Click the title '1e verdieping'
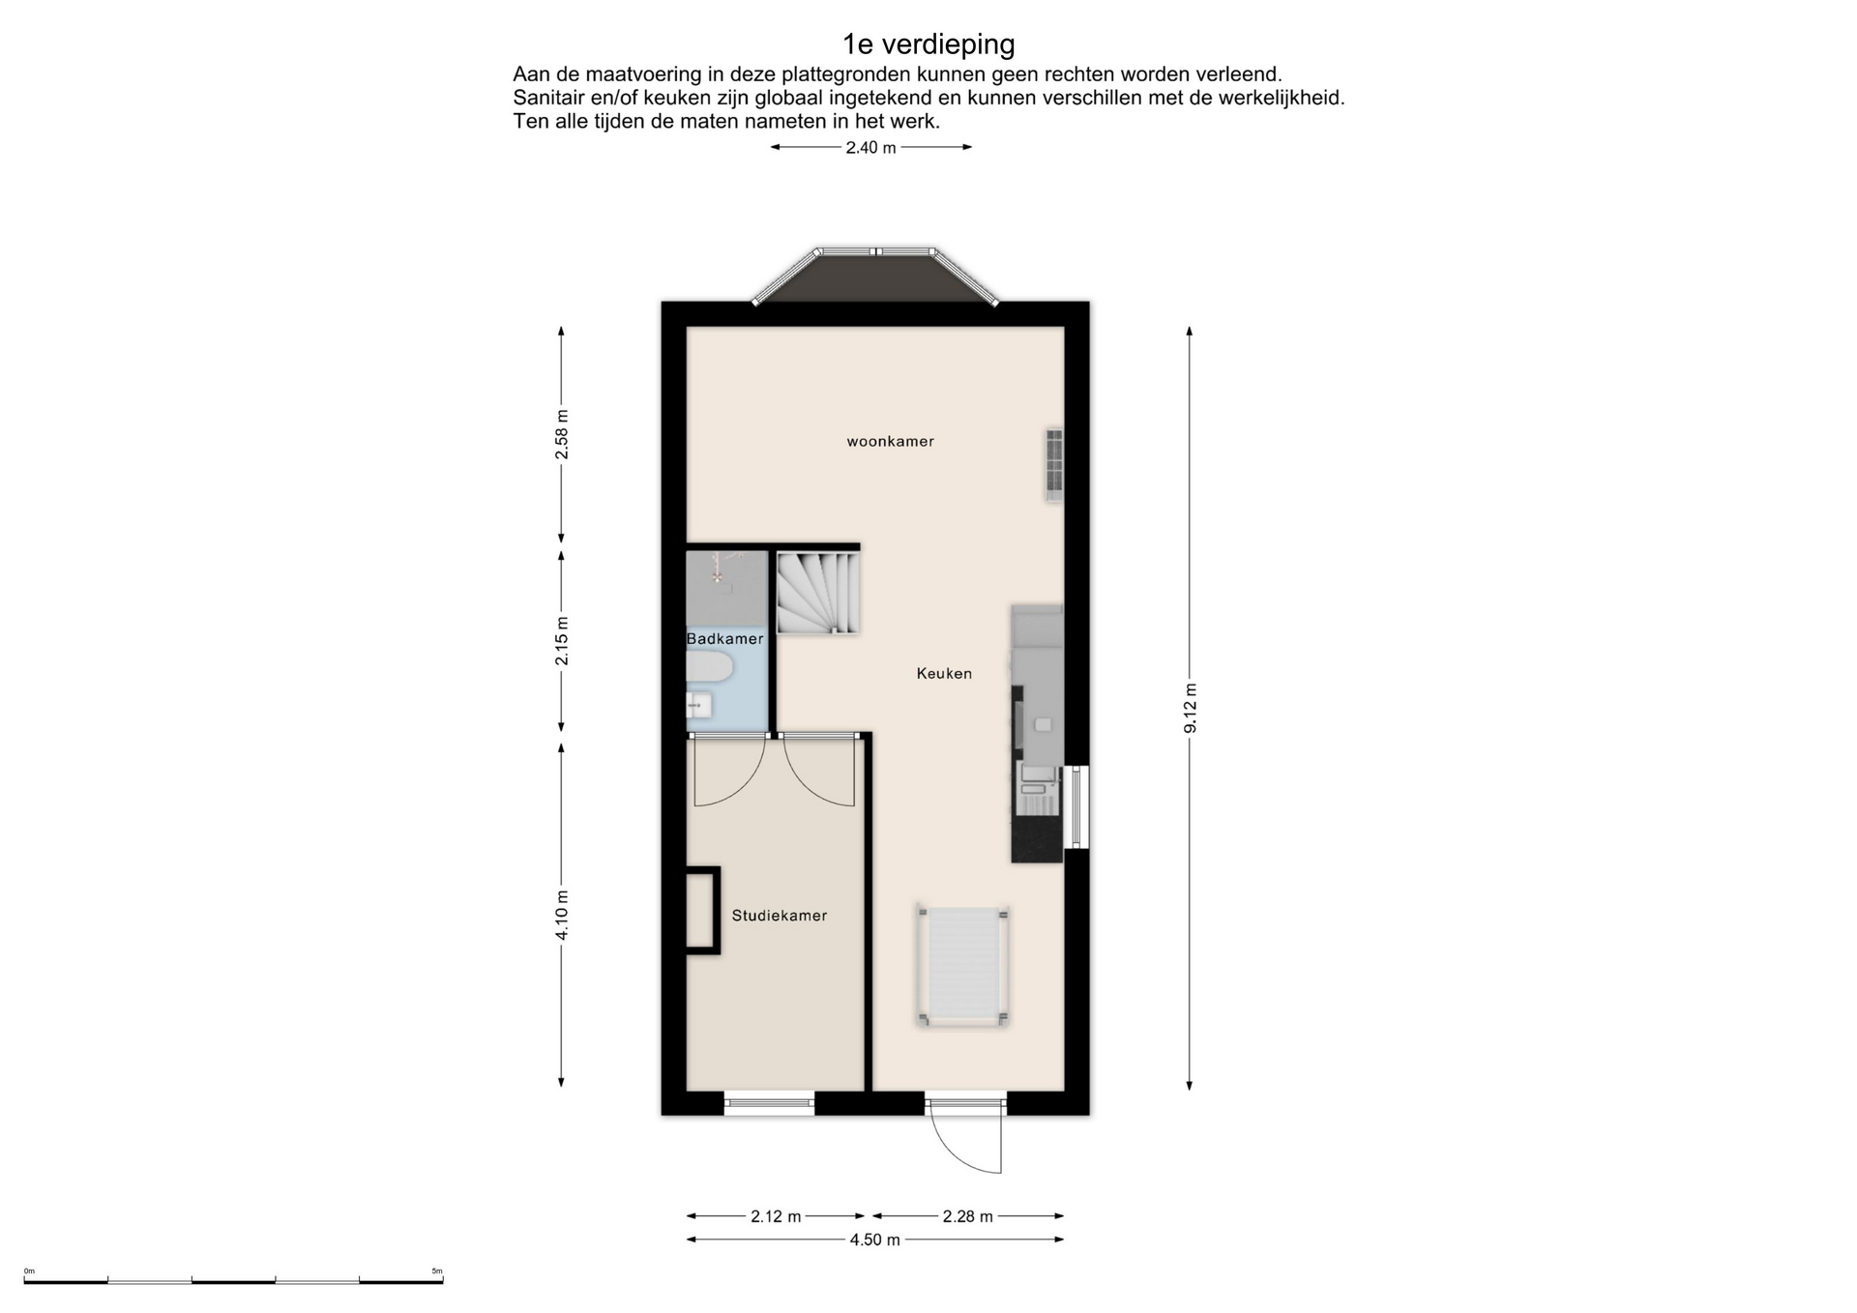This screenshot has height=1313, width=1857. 928,44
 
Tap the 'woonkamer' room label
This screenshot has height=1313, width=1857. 890,442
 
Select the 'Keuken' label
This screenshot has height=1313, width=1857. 944,674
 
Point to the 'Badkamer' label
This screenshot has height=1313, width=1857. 724,639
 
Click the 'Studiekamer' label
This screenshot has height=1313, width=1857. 779,916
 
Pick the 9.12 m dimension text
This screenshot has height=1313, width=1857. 1191,708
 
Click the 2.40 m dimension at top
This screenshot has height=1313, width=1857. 870,148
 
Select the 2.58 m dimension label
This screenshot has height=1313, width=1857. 562,435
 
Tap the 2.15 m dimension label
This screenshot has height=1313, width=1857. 562,641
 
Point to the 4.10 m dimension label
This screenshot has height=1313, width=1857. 562,915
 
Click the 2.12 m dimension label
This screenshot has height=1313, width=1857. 776,1216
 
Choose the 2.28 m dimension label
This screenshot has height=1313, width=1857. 967,1216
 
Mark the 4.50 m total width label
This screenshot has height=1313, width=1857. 874,1240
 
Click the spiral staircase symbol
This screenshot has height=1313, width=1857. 818,593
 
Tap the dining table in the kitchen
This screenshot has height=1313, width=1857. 963,966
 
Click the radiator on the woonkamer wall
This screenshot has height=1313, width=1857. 1054,464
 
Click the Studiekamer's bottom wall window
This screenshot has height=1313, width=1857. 769,1103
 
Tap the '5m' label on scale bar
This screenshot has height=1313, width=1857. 437,1271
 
